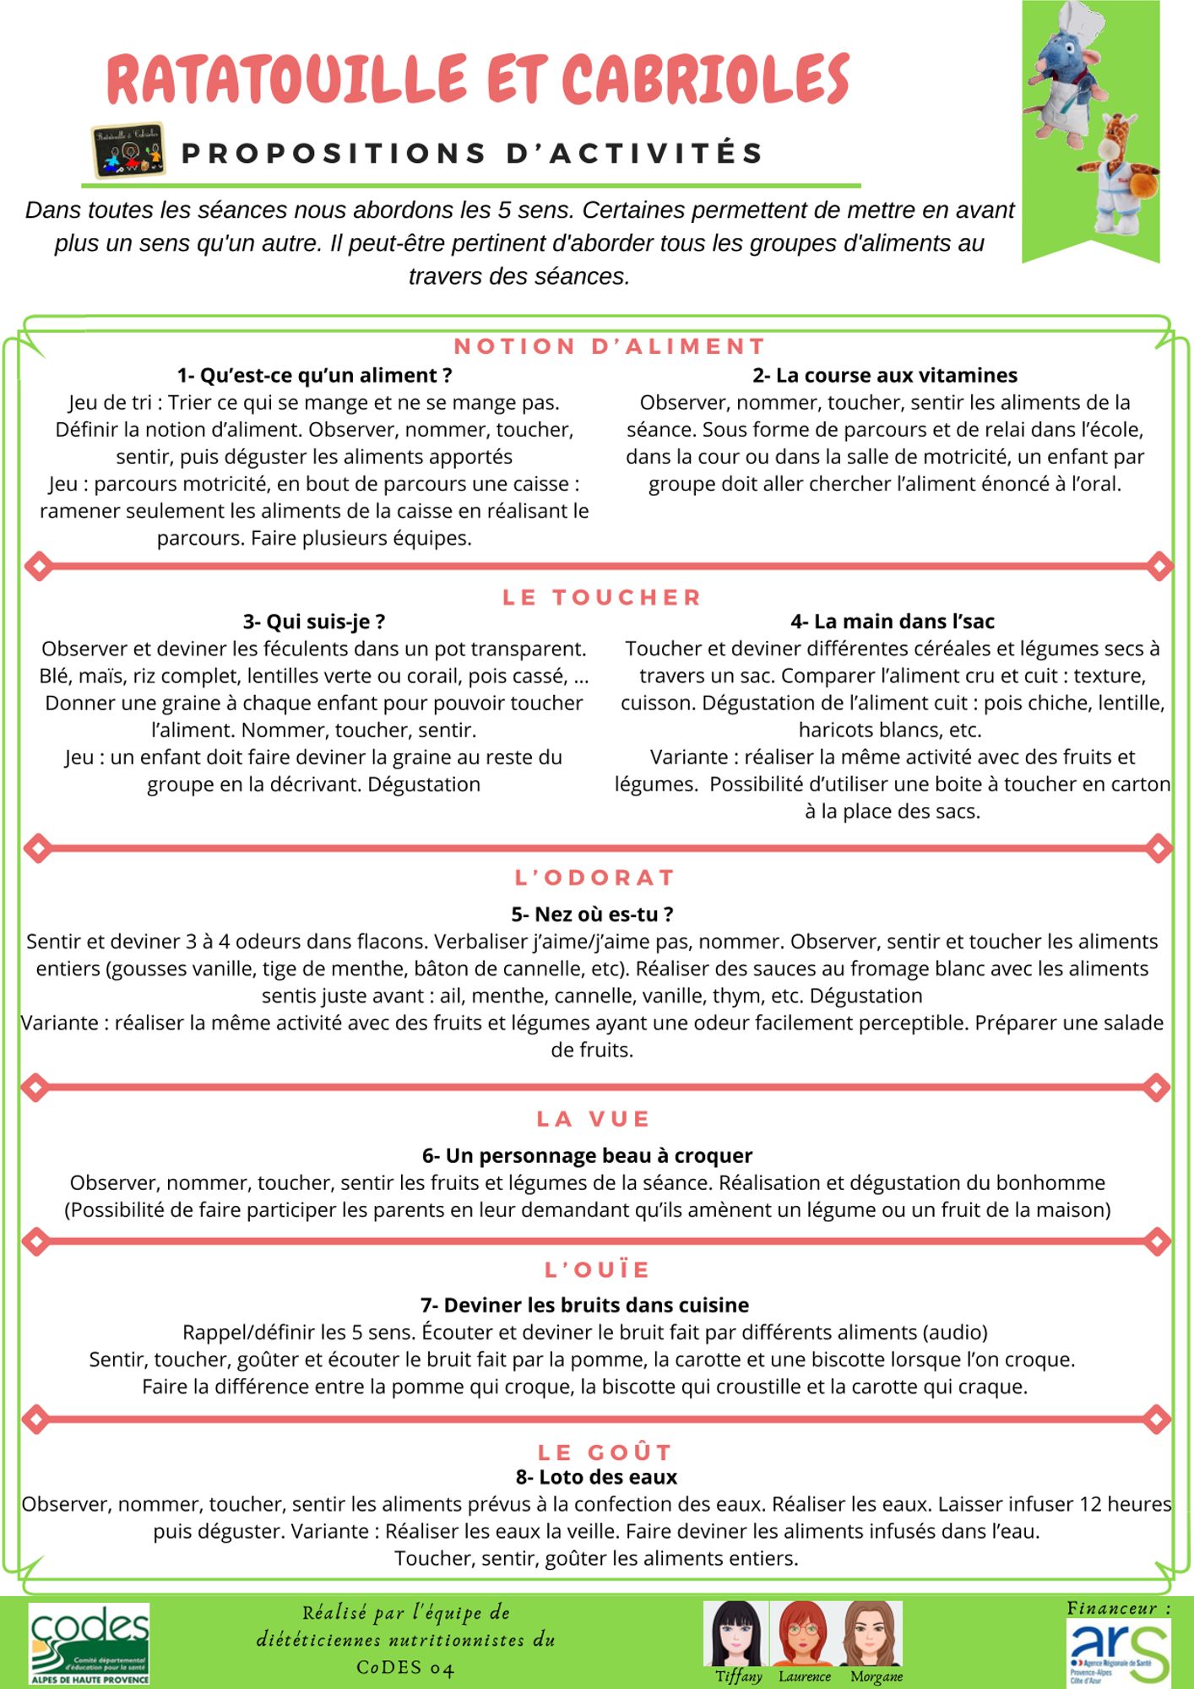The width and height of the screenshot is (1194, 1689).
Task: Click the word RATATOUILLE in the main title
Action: pyautogui.click(x=287, y=79)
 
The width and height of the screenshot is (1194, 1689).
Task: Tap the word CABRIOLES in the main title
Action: pyautogui.click(x=705, y=79)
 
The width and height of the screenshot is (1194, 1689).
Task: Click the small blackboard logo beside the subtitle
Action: pyautogui.click(x=128, y=150)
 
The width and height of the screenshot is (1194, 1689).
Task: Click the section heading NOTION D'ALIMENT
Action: pyautogui.click(x=610, y=346)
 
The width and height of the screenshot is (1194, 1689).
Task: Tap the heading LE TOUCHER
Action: pyautogui.click(x=602, y=597)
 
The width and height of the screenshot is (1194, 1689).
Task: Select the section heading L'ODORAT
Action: pyautogui.click(x=595, y=877)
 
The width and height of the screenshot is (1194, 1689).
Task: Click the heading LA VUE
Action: pyautogui.click(x=594, y=1119)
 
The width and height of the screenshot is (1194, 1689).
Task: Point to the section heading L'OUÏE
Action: pyautogui.click(x=598, y=1269)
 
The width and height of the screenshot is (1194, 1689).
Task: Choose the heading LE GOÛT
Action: pyautogui.click(x=605, y=1452)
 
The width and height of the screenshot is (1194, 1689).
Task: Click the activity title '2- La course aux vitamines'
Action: pyautogui.click(x=885, y=375)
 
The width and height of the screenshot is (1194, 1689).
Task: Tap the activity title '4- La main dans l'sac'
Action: pyautogui.click(x=893, y=622)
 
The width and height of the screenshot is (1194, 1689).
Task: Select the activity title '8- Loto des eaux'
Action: pyautogui.click(x=596, y=1477)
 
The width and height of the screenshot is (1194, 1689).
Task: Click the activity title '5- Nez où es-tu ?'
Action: pyautogui.click(x=592, y=914)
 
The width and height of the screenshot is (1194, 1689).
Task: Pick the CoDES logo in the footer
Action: pyautogui.click(x=90, y=1643)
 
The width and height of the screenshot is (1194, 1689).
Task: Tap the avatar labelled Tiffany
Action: pyautogui.click(x=736, y=1633)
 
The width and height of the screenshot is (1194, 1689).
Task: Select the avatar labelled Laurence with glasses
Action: pyautogui.click(x=804, y=1633)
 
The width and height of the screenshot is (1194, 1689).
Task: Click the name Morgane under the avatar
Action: pyautogui.click(x=877, y=1676)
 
